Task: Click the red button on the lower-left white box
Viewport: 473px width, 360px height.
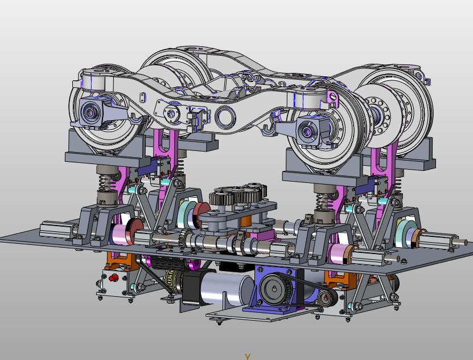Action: (x=114, y=277)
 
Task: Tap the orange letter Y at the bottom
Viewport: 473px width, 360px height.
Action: (x=248, y=357)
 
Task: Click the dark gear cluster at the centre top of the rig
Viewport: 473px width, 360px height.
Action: (x=238, y=194)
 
